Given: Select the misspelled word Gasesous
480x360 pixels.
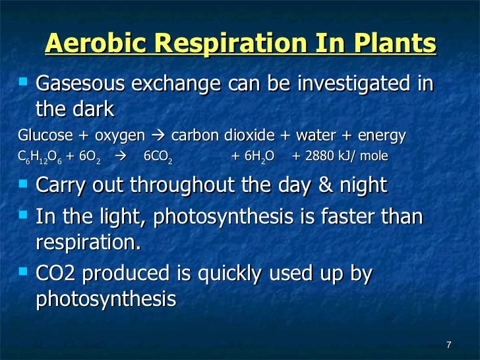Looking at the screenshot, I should [x=82, y=85].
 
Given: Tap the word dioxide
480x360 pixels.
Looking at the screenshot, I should [x=254, y=135].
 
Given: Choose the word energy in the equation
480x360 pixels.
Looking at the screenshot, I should [x=382, y=135].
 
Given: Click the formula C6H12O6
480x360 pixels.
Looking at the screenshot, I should [x=40, y=157].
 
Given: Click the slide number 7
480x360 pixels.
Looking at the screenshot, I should [x=448, y=345].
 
